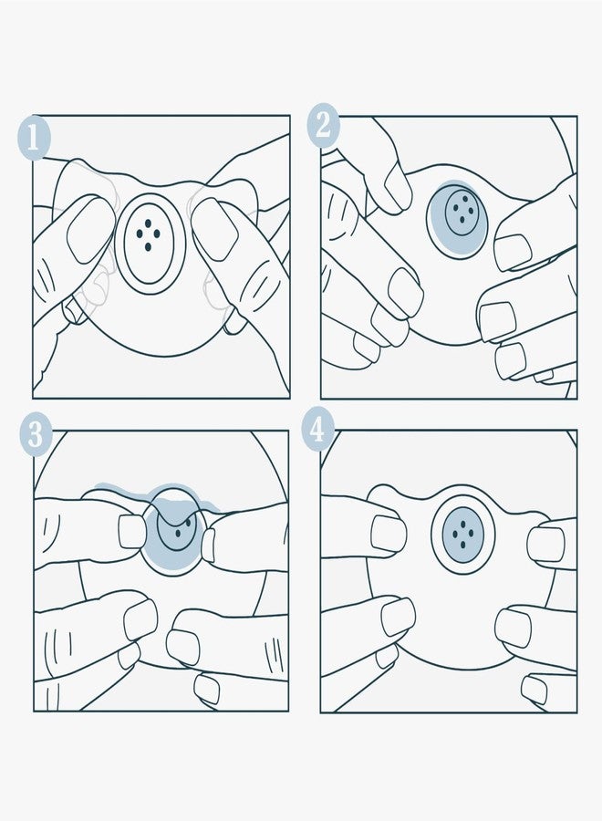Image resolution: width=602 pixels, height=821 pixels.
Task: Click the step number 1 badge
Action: click(x=34, y=137)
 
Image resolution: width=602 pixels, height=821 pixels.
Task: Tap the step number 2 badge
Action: click(x=323, y=126)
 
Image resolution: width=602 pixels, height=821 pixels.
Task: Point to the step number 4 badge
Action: click(x=317, y=430)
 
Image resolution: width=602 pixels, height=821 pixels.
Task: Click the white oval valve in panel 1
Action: click(x=149, y=239)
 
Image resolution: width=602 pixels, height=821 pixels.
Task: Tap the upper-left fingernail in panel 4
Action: click(x=389, y=534)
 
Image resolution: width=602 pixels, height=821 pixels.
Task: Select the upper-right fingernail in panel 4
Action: click(x=545, y=544)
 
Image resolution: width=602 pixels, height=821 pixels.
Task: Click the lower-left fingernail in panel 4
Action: click(x=399, y=617)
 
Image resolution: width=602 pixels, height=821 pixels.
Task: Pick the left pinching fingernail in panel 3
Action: click(x=132, y=532)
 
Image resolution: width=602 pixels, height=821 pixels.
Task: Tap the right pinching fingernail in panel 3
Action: click(x=208, y=546)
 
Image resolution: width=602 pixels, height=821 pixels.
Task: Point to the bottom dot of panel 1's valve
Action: click(x=148, y=246)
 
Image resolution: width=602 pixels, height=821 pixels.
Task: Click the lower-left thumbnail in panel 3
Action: click(x=140, y=618)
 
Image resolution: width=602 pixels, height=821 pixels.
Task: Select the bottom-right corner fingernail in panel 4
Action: click(x=535, y=690)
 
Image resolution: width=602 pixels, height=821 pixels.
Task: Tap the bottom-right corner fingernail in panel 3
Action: click(x=207, y=689)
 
